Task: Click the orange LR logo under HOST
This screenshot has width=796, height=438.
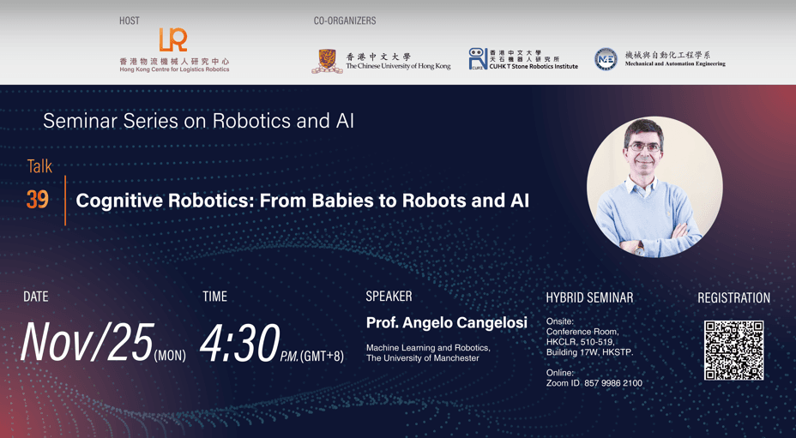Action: [172, 39]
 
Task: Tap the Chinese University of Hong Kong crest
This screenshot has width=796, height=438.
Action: [326, 60]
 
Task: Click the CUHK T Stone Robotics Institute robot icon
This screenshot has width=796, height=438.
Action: [478, 58]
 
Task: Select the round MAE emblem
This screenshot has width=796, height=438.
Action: [606, 58]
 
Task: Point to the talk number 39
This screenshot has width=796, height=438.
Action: [37, 201]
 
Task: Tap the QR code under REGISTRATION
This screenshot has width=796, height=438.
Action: [733, 350]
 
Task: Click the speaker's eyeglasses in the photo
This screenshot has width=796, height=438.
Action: [645, 147]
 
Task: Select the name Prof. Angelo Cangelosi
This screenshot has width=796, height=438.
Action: [446, 323]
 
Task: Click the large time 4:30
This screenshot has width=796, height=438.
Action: [239, 341]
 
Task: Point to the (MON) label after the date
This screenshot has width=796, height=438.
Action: [170, 355]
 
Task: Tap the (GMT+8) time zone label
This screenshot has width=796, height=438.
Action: [322, 356]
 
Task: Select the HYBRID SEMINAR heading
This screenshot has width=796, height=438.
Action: [589, 297]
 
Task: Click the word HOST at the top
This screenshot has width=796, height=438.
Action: [129, 21]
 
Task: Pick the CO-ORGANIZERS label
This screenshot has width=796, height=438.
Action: [345, 21]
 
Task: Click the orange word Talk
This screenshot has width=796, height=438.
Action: [39, 166]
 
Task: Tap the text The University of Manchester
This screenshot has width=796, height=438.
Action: [423, 358]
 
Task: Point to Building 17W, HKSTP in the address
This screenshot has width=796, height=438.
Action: [590, 352]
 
